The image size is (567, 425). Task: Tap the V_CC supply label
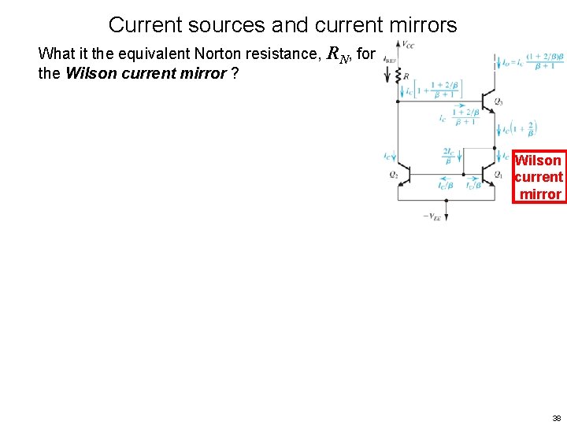pyautogui.click(x=408, y=44)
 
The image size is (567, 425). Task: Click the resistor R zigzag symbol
pyautogui.click(x=398, y=76)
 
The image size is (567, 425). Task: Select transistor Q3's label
pyautogui.click(x=498, y=102)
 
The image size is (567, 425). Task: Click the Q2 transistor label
pyautogui.click(x=393, y=175)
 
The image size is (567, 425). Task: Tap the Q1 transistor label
pyautogui.click(x=498, y=175)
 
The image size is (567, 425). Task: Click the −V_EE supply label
pyautogui.click(x=432, y=216)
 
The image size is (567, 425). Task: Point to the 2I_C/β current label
pyautogui.click(x=448, y=155)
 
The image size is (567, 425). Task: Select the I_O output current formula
pyautogui.click(x=531, y=61)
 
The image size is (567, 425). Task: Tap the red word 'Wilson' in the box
pyautogui.click(x=538, y=161)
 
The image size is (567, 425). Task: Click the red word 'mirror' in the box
pyautogui.click(x=540, y=194)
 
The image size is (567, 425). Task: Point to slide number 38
pyautogui.click(x=556, y=418)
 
